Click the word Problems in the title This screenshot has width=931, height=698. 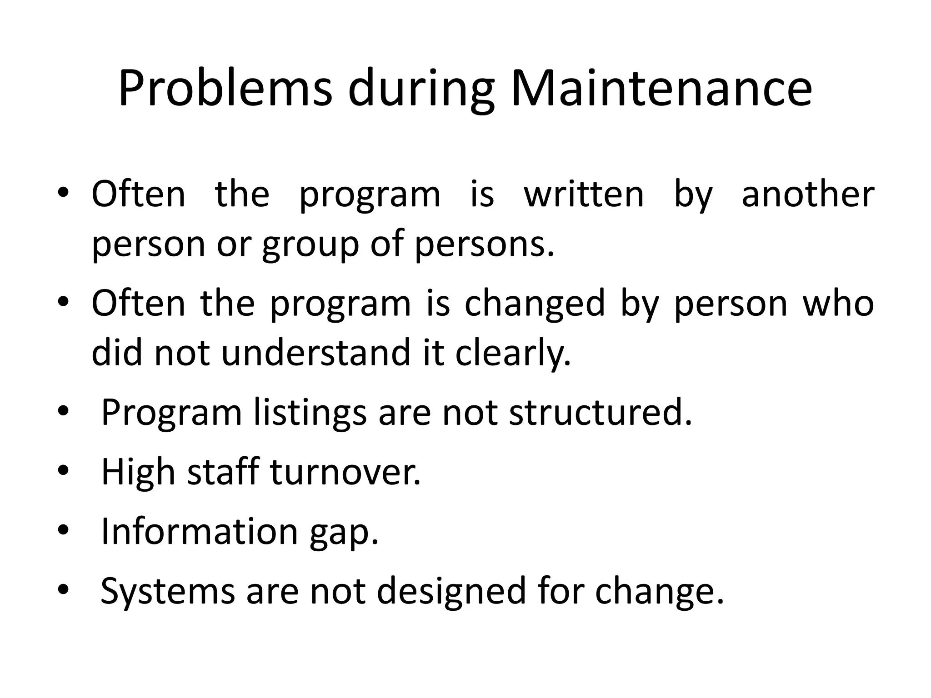coord(225,89)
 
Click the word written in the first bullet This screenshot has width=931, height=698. coord(584,194)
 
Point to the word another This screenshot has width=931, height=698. coord(808,194)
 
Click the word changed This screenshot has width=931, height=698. coord(535,304)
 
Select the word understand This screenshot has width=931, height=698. coord(316,353)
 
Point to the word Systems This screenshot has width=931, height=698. coord(167,591)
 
